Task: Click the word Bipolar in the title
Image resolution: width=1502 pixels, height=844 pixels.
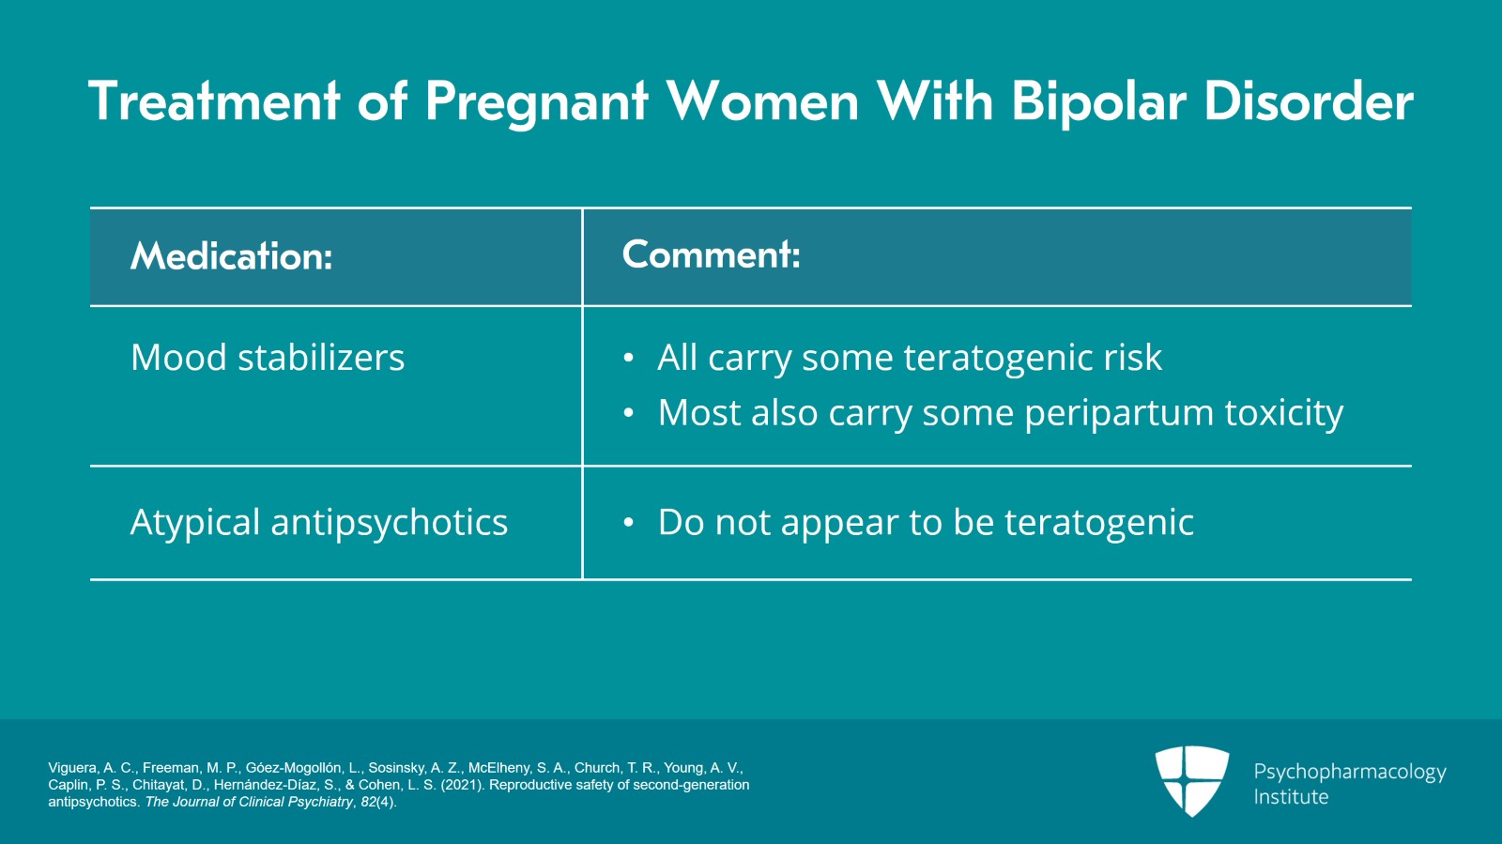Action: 1098,101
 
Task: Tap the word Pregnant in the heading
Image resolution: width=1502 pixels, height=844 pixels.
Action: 536,101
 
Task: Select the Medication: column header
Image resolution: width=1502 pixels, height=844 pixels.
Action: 232,256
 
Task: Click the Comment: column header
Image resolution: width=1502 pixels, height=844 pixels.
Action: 711,254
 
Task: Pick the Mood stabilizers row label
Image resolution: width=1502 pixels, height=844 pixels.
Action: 268,358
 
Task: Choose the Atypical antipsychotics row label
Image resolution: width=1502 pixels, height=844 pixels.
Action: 318,522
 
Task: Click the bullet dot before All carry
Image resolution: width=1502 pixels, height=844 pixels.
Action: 629,359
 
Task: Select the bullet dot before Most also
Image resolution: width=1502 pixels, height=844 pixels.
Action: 629,414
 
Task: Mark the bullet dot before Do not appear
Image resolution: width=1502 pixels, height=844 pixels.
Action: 629,523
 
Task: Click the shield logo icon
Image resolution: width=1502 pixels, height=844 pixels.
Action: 1191,779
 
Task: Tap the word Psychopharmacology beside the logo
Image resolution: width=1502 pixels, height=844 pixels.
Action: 1349,772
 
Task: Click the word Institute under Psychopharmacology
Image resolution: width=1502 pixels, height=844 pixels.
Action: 1291,797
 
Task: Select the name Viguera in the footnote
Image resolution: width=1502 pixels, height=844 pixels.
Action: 73,768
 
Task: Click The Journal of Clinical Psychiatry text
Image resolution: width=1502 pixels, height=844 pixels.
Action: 249,802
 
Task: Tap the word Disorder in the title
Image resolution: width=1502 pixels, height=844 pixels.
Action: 1309,101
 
